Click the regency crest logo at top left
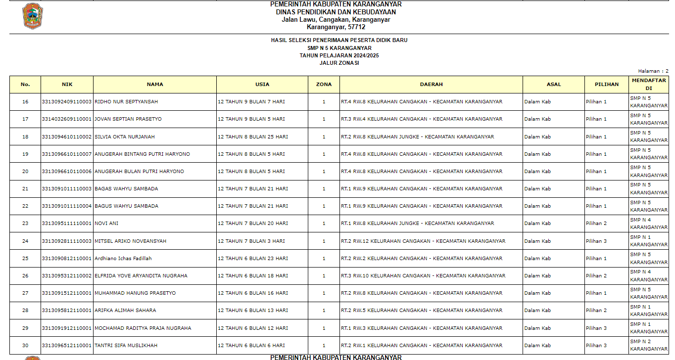[32, 16]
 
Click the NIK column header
[67, 85]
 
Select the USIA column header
[262, 85]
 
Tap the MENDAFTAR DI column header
[648, 84]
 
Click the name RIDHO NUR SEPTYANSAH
[126, 102]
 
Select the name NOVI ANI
[106, 224]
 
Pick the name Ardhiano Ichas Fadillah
[123, 259]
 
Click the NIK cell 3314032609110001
[67, 119]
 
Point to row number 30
[25, 346]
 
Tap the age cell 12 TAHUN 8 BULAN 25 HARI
[253, 137]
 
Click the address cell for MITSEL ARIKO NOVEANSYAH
[423, 241]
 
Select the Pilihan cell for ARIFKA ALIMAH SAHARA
[596, 311]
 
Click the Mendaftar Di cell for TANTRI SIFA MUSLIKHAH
[648, 345]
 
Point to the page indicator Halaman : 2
[653, 71]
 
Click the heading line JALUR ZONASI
[339, 63]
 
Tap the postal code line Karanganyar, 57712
[336, 27]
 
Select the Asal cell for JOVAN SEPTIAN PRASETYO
[537, 119]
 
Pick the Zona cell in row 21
[324, 189]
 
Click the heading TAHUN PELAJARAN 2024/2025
[339, 56]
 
